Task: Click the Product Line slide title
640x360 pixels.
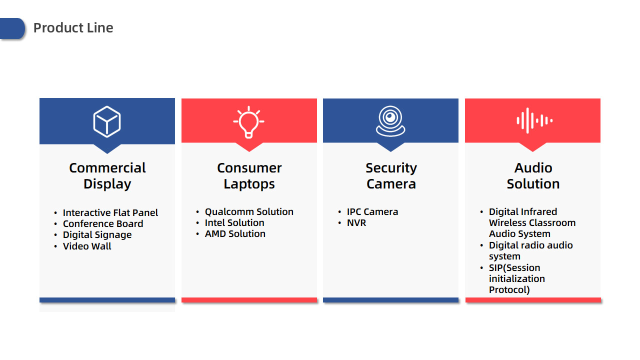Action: pos(73,28)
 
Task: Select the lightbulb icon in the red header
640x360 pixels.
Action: pos(248,122)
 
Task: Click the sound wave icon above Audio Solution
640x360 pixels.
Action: pos(534,120)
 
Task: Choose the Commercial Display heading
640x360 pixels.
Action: pos(107,175)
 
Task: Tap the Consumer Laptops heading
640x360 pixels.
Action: pos(249,175)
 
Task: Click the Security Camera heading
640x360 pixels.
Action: pos(391,175)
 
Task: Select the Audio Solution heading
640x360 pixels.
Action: pos(533,175)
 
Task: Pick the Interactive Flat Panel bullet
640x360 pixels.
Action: pos(110,212)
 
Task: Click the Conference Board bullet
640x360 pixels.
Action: pos(103,223)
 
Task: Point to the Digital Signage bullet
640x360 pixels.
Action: pos(97,235)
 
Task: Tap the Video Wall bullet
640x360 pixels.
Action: pos(87,246)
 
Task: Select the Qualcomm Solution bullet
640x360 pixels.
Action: pos(249,211)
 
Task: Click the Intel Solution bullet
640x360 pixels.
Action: pos(234,223)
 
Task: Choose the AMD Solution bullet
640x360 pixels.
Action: pos(235,233)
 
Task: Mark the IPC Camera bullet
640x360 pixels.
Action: pos(372,211)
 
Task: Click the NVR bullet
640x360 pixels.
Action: pos(356,223)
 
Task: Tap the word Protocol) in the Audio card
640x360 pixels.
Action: pos(509,289)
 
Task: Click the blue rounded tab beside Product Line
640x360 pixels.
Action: pos(12,28)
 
